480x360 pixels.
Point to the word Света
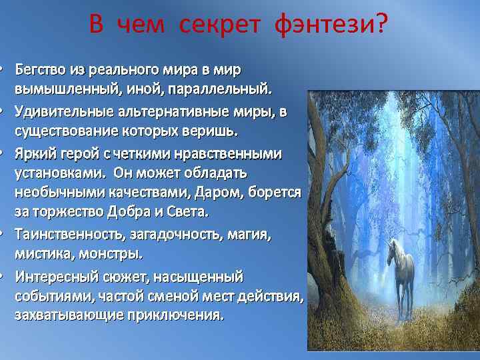point(189,211)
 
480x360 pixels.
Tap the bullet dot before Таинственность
point(3,235)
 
